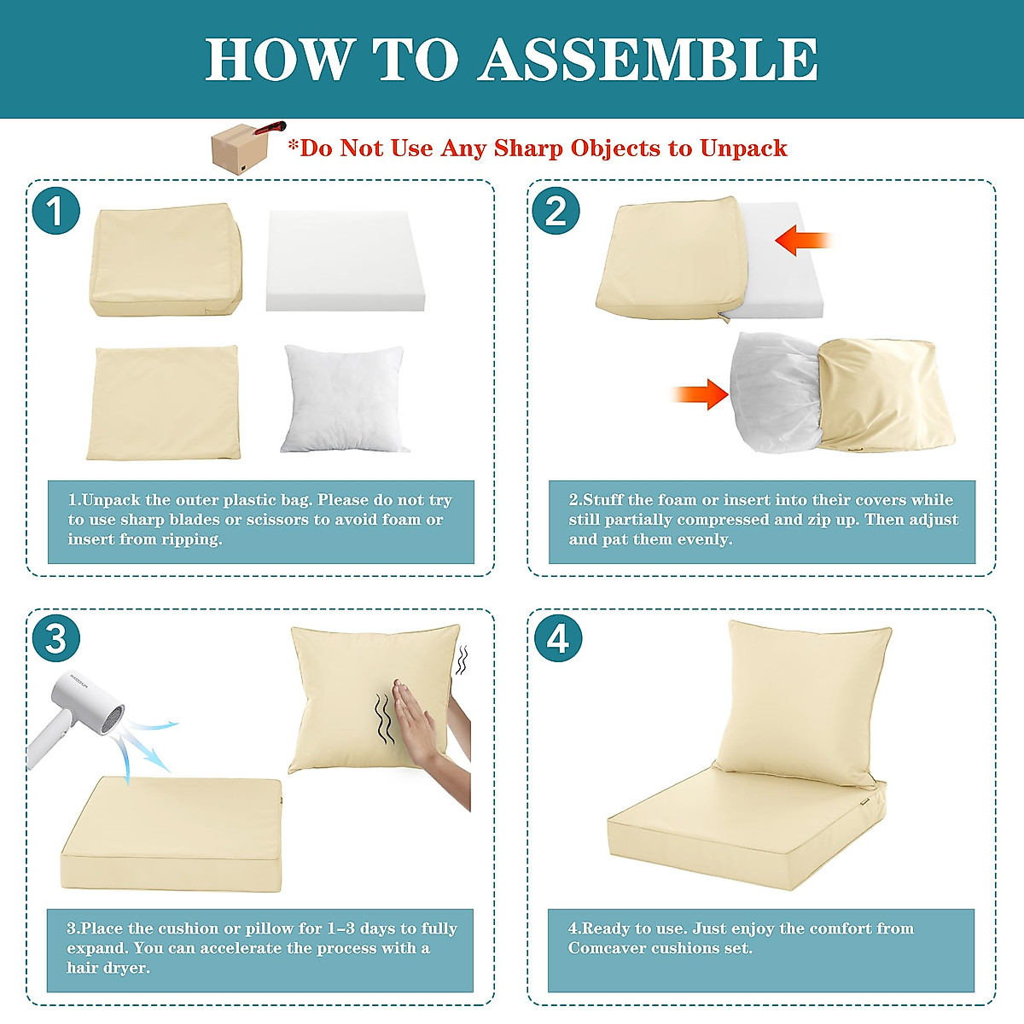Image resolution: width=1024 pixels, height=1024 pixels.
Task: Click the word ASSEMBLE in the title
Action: [x=648, y=60]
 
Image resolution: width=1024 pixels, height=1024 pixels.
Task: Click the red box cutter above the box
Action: [x=271, y=129]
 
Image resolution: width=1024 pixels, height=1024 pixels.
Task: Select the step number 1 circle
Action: [x=55, y=211]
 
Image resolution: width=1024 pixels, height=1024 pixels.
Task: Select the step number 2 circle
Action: [x=556, y=211]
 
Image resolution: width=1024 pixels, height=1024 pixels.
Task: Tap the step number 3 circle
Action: [x=55, y=638]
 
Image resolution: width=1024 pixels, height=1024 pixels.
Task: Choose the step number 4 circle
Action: [x=557, y=638]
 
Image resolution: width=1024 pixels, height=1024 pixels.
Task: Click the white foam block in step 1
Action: [x=345, y=260]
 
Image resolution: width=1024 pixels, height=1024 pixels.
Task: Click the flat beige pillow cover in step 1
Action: [x=163, y=402]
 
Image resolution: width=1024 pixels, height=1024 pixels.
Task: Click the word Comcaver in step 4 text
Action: [x=607, y=948]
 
